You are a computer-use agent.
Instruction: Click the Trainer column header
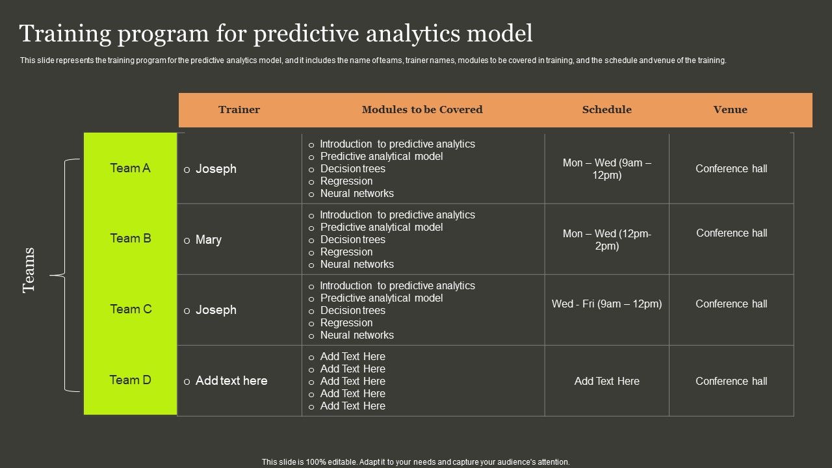pyautogui.click(x=239, y=110)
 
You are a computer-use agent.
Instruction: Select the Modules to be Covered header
pyautogui.click(x=422, y=110)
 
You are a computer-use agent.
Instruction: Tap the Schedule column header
pyautogui.click(x=606, y=110)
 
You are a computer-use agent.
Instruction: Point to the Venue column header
pyautogui.click(x=730, y=110)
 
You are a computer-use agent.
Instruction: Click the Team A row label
pyautogui.click(x=130, y=168)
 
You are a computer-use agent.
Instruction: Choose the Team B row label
pyautogui.click(x=131, y=238)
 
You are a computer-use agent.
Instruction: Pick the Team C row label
pyautogui.click(x=131, y=309)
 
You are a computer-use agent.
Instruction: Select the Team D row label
pyautogui.click(x=130, y=380)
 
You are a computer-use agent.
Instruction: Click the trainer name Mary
pyautogui.click(x=209, y=240)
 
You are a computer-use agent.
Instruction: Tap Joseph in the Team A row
pyautogui.click(x=216, y=169)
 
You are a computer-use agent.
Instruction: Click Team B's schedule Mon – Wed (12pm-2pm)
pyautogui.click(x=606, y=240)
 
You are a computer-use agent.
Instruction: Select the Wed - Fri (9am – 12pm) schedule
pyautogui.click(x=606, y=304)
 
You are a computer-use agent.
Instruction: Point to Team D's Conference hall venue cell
pyautogui.click(x=731, y=381)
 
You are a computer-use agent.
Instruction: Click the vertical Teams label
pyautogui.click(x=29, y=270)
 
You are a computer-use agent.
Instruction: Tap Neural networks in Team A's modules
pyautogui.click(x=357, y=194)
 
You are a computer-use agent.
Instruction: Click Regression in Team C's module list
pyautogui.click(x=346, y=323)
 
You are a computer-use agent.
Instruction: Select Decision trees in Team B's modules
pyautogui.click(x=352, y=240)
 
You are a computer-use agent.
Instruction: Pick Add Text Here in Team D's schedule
pyautogui.click(x=607, y=381)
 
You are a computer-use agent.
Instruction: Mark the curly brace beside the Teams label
pyautogui.click(x=65, y=275)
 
